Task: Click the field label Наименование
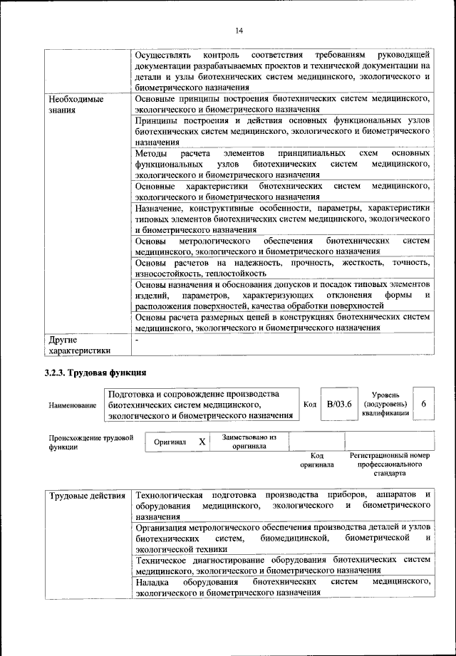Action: pyautogui.click(x=72, y=405)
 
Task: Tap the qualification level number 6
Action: pyautogui.click(x=423, y=404)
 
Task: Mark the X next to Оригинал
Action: pyautogui.click(x=202, y=442)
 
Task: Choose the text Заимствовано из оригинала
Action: pyautogui.click(x=249, y=442)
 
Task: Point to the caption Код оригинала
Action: pyautogui.click(x=317, y=460)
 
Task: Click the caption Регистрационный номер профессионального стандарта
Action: pyautogui.click(x=390, y=464)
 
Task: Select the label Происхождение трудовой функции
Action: pyautogui.click(x=90, y=442)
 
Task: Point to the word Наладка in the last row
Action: pyautogui.click(x=152, y=583)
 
